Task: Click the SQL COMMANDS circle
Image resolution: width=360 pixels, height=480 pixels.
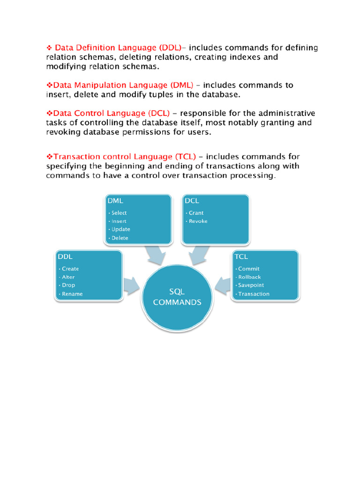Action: tap(177, 298)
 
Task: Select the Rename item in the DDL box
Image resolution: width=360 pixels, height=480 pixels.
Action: tap(72, 294)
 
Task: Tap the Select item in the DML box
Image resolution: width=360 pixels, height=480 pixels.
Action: tap(119, 213)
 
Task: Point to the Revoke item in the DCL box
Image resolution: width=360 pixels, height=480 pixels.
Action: tap(198, 221)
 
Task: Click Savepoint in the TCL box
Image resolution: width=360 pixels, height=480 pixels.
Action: tap(251, 285)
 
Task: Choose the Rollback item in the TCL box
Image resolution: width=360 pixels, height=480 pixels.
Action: tap(249, 277)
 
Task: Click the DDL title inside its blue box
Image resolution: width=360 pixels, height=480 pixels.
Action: tap(65, 257)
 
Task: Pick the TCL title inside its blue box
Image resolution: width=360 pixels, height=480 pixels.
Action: tap(241, 257)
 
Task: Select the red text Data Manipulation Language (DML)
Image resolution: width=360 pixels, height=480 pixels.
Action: tap(123, 85)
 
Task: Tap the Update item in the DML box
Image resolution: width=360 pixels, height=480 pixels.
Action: tap(120, 229)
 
